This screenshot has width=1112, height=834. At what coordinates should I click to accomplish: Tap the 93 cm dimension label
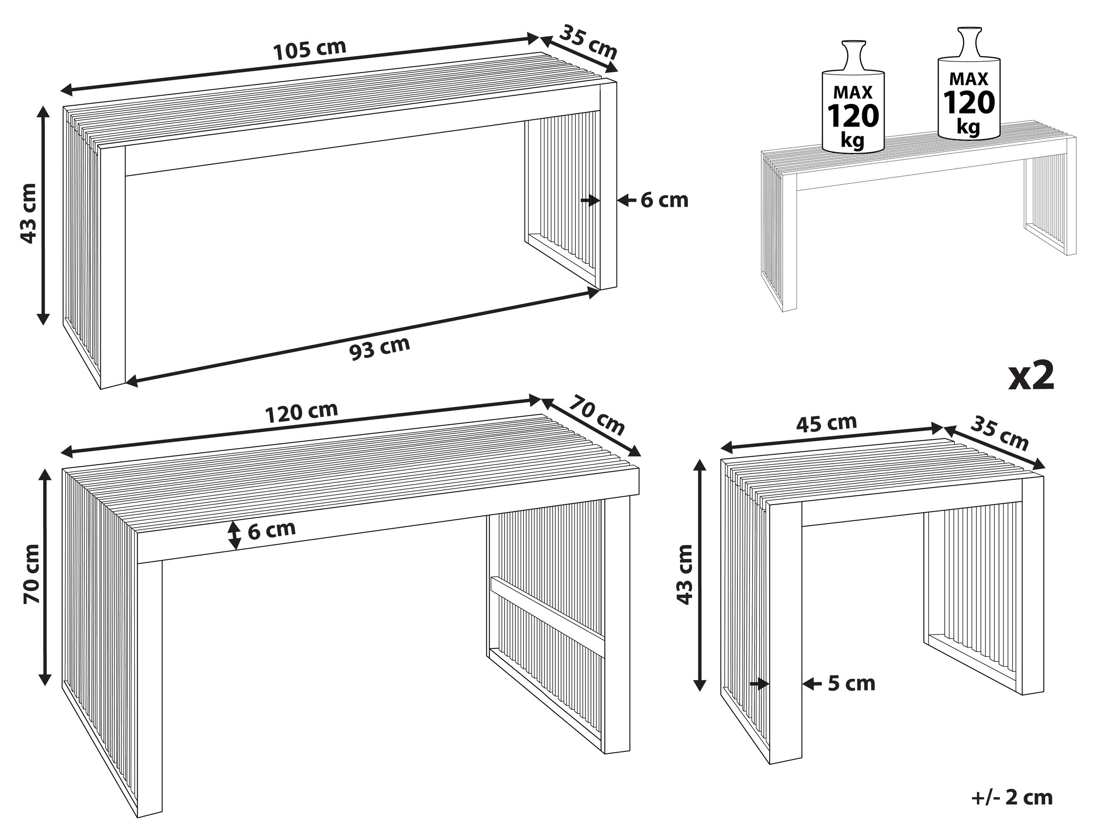click(379, 348)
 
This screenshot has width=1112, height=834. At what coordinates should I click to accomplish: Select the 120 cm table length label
click(301, 412)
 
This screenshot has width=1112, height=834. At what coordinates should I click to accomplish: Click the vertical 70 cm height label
click(32, 574)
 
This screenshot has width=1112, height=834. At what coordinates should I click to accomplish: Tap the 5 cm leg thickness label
click(852, 684)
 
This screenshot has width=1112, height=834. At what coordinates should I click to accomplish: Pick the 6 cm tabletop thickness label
click(272, 529)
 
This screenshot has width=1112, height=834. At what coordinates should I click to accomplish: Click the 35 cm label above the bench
click(588, 42)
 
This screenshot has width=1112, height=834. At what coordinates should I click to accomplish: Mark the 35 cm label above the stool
click(999, 433)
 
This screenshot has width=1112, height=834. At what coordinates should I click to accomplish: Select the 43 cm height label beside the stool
click(684, 574)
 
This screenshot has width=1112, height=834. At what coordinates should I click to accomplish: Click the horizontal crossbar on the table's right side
click(548, 616)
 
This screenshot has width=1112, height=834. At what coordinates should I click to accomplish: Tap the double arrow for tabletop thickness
click(234, 535)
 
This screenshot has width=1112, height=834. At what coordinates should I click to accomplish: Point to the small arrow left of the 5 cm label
click(759, 684)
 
